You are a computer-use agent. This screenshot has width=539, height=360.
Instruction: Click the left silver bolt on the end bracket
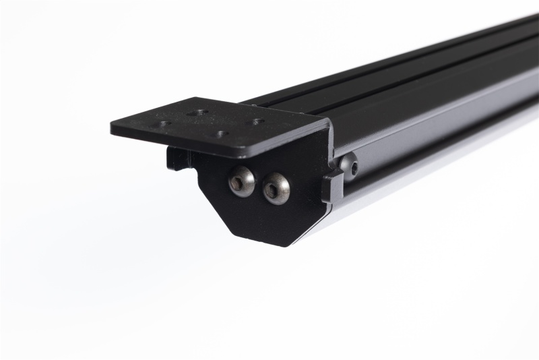242,181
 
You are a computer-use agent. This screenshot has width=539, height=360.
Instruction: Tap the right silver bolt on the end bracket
276,188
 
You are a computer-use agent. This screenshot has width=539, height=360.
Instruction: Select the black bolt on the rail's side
349,165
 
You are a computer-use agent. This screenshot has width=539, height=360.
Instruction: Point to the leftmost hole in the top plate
164,123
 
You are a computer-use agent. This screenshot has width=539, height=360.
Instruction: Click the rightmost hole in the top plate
257,122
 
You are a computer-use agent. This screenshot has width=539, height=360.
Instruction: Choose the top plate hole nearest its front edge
221,133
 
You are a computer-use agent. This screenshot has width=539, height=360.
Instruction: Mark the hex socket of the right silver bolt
273,190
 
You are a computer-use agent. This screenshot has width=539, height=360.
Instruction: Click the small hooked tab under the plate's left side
177,158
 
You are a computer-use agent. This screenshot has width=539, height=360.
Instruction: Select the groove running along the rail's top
404,68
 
